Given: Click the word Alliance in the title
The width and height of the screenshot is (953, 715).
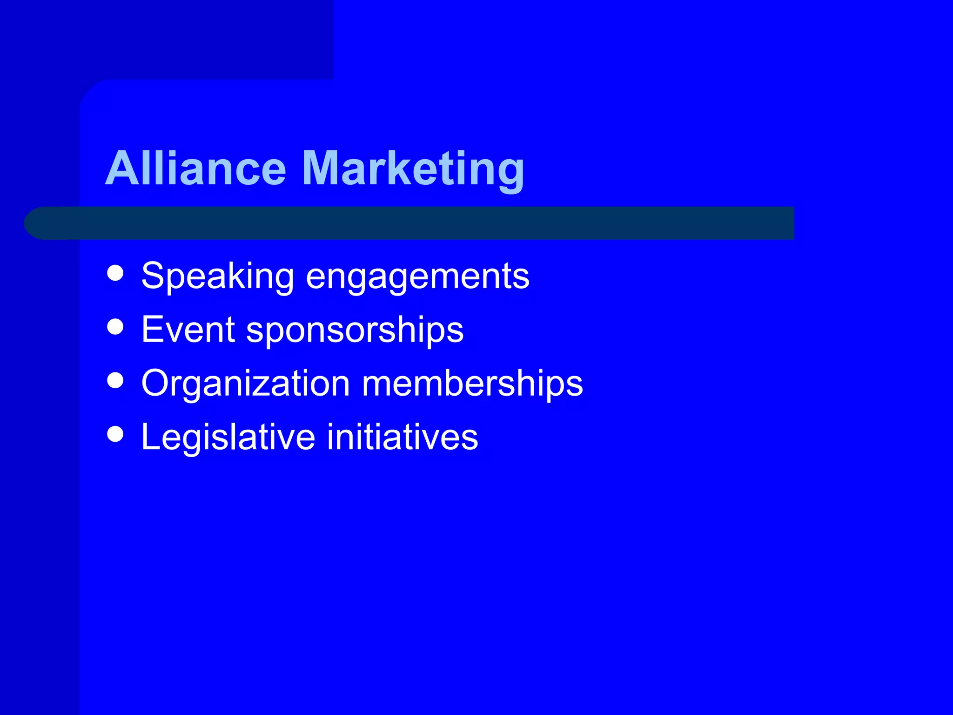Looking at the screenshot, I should (x=195, y=169).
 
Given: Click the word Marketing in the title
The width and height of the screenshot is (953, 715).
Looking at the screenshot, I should (x=413, y=169).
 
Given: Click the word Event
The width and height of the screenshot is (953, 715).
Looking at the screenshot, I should (x=188, y=330).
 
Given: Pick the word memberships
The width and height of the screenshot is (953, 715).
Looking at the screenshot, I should (x=472, y=384).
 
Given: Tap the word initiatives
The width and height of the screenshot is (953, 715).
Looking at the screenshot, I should (x=403, y=437).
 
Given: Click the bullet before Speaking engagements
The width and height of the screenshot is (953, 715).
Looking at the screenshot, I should (x=115, y=273).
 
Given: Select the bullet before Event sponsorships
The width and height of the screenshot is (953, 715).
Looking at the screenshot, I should (x=115, y=327).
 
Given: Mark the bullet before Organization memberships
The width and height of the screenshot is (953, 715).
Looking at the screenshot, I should (x=115, y=380).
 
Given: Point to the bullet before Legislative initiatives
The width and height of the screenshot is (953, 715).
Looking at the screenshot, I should (x=115, y=434).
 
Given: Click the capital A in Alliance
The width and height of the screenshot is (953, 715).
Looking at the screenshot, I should (x=122, y=169).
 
